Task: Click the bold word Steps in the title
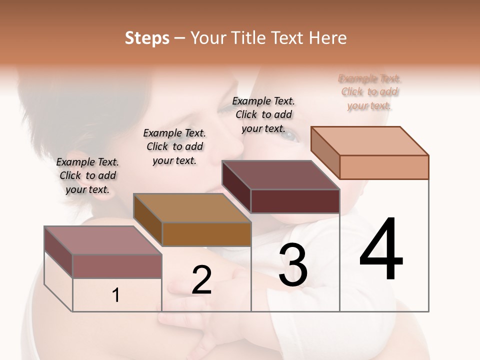[x=147, y=38]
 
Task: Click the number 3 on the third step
[x=293, y=265]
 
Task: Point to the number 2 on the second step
[x=201, y=280]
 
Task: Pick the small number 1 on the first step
[x=116, y=295]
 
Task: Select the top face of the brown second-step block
[x=192, y=208]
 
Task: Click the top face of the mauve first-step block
[x=103, y=240]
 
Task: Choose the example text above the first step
[x=87, y=175]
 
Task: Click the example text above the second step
[x=174, y=146]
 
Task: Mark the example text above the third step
[x=263, y=114]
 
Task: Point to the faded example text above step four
[x=369, y=92]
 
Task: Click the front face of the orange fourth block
[x=384, y=167]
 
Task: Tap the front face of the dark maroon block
[x=295, y=201]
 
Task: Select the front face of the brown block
[x=206, y=234]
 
